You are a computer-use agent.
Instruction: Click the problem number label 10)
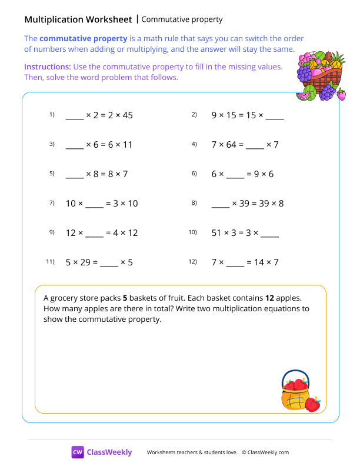192,232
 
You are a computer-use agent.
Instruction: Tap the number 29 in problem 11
84,262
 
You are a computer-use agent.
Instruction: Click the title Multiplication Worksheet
78,19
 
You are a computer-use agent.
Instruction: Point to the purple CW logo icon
78,452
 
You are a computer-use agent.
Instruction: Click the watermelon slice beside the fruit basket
304,95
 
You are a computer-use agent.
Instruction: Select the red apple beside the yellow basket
313,404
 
